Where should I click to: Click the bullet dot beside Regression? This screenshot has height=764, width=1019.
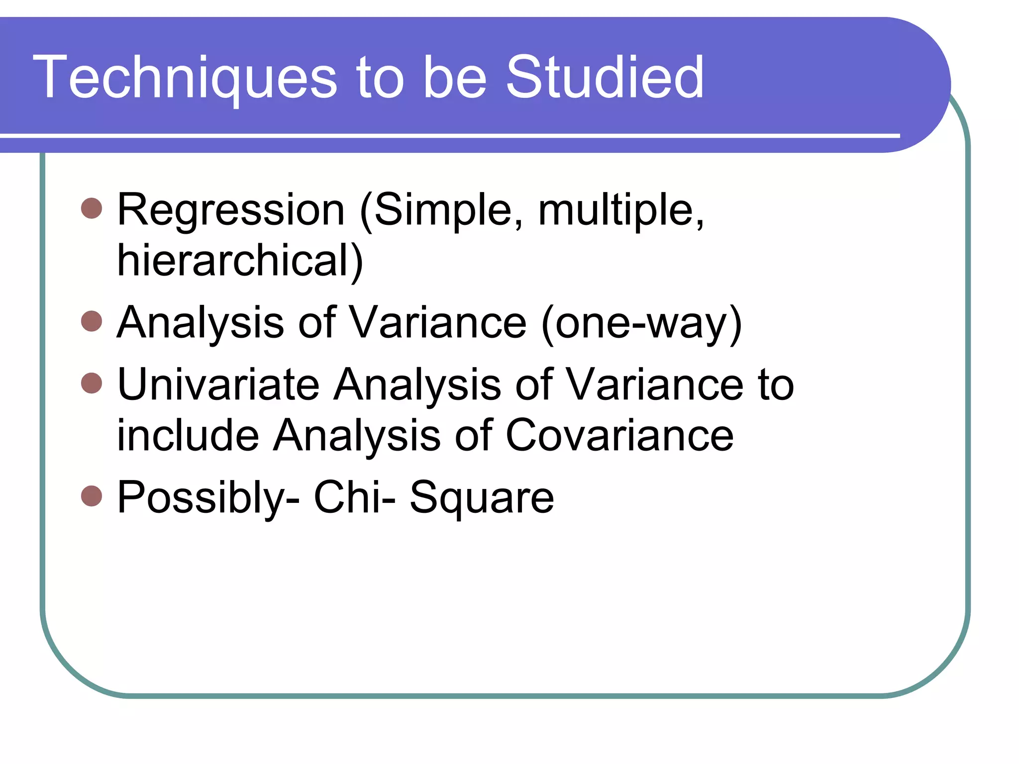(x=92, y=208)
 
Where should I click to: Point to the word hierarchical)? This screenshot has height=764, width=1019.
(x=240, y=262)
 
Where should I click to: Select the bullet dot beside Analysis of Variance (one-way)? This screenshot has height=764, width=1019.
(x=92, y=321)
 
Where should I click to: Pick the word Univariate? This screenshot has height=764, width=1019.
(x=218, y=384)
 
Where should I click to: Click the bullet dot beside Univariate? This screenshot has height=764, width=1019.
(x=92, y=383)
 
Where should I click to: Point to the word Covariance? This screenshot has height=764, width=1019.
(x=619, y=435)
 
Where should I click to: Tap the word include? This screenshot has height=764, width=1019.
(x=188, y=435)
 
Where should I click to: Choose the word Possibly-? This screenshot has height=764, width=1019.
(x=208, y=498)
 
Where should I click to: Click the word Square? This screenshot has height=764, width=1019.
(x=481, y=498)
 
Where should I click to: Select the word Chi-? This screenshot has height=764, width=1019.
(x=354, y=497)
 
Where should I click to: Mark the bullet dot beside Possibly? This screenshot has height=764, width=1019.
(x=92, y=496)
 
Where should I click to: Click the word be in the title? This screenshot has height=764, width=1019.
(x=454, y=78)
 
